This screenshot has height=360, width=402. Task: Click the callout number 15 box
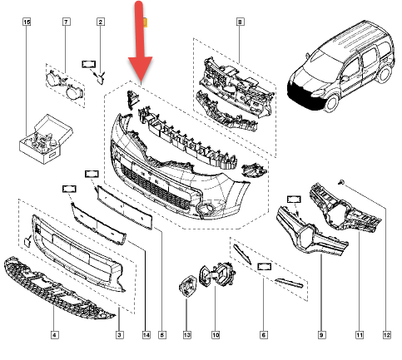click(27, 22)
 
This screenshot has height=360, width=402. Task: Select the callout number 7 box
click(66, 22)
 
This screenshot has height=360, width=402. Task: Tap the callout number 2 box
click(101, 22)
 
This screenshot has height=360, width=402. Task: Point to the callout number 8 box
click(240, 22)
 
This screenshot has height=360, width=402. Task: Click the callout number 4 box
click(55, 335)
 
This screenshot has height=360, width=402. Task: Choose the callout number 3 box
click(119, 335)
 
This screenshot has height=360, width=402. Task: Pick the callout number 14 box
click(146, 335)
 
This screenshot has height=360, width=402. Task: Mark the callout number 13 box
click(187, 335)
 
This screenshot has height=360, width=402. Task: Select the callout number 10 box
click(216, 335)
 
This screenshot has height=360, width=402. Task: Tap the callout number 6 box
click(264, 335)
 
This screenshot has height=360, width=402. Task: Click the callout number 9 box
click(321, 335)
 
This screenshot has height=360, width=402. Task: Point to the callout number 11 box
click(360, 335)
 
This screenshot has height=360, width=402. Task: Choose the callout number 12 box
click(387, 335)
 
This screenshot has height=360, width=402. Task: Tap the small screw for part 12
click(341, 182)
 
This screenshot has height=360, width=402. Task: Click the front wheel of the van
click(331, 102)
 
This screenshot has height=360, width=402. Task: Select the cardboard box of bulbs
click(46, 139)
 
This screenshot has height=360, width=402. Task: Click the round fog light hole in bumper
click(206, 209)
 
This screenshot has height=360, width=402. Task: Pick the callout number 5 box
click(162, 335)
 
